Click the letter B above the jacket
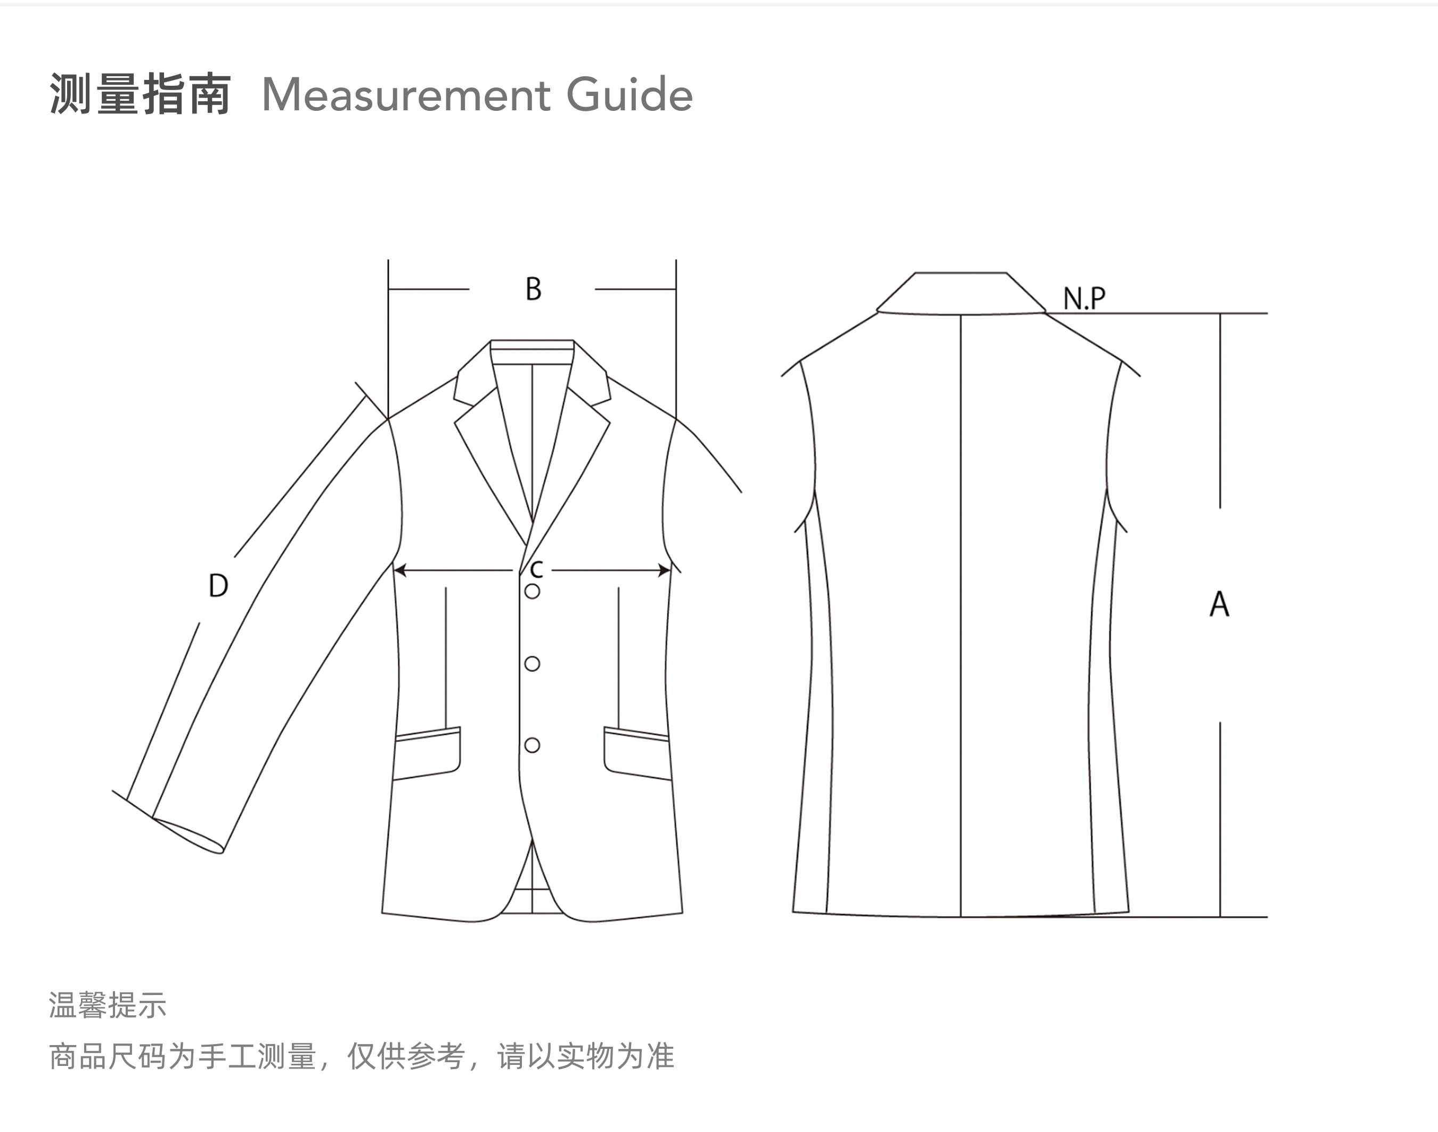pos(533,289)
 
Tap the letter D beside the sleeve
pos(218,585)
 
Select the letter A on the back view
pos(1219,604)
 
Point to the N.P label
pos(1084,298)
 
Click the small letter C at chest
pos(536,569)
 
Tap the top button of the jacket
pos(532,591)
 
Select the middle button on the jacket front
pos(532,664)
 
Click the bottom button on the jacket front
pos(532,745)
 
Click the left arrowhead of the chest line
pos(400,570)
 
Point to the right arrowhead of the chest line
pos(664,570)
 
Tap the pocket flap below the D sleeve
pos(427,753)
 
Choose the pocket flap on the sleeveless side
pos(636,753)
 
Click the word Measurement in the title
pos(405,95)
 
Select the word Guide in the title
pos(629,95)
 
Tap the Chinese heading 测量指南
pos(141,95)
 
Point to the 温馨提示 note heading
pos(107,1005)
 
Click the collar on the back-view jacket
pos(960,293)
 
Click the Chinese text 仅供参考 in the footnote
pos(405,1056)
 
